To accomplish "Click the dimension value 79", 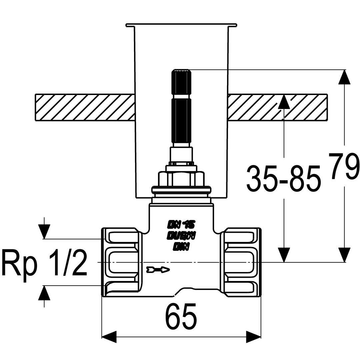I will point(344,167).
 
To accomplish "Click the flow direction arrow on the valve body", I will point(158,269).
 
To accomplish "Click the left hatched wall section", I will point(85,107).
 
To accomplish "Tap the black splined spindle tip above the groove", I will point(182,82).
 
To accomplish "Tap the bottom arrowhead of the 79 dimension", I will point(344,255).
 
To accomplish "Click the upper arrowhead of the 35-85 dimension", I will point(284,102).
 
